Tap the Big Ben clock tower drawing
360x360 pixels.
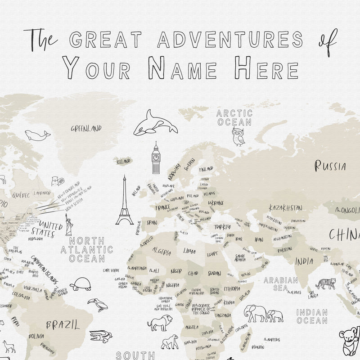pyautogui.click(x=156, y=158)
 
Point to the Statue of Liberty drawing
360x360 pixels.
pyautogui.click(x=69, y=224)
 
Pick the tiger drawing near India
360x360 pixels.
pyautogui.click(x=325, y=284)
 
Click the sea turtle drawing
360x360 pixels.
pyautogui.click(x=81, y=284)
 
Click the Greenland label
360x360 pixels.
pyautogui.click(x=86, y=129)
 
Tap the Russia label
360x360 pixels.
pyautogui.click(x=330, y=166)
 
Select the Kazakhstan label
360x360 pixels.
pyautogui.click(x=285, y=208)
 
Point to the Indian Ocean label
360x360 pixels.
pyautogui.click(x=312, y=316)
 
